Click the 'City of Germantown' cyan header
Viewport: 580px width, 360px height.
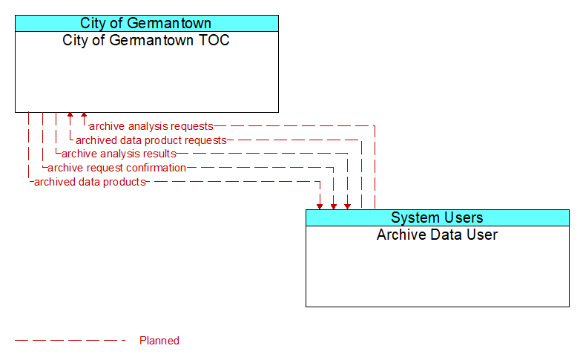point(147,23)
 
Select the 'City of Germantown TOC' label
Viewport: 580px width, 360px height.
point(145,40)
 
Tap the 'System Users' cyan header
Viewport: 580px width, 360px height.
point(438,217)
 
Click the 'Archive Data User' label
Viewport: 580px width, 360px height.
point(437,235)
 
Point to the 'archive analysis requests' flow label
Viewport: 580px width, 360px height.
point(151,126)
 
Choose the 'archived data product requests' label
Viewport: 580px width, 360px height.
point(151,140)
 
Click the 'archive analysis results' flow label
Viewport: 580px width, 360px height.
point(119,154)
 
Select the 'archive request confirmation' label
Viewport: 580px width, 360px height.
point(116,168)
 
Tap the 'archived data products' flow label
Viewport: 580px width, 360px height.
point(90,182)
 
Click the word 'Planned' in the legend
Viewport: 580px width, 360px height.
point(159,341)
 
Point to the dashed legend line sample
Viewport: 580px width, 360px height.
point(70,341)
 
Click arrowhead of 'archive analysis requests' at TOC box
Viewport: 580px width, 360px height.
point(84,115)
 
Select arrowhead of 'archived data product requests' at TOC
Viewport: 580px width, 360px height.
point(70,115)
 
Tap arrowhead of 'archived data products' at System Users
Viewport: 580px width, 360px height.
point(320,207)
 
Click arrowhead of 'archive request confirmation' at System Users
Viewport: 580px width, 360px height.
point(334,207)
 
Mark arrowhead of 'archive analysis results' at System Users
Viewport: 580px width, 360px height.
point(347,207)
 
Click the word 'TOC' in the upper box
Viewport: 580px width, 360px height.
point(214,40)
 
